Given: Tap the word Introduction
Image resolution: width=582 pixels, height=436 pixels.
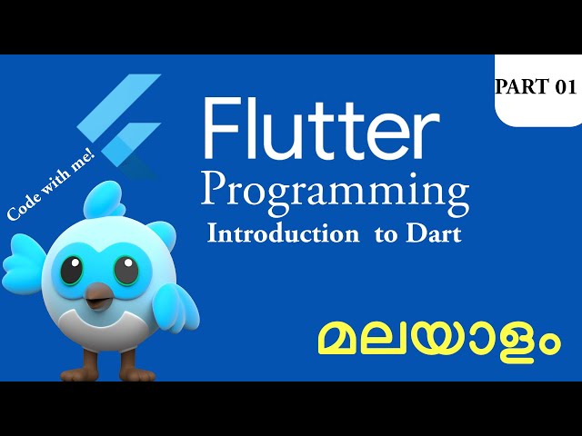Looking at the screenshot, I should (x=283, y=233).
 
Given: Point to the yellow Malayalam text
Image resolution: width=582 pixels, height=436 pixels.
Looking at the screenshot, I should (x=437, y=342).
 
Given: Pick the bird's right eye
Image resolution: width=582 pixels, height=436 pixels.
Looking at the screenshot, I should (x=125, y=270).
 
